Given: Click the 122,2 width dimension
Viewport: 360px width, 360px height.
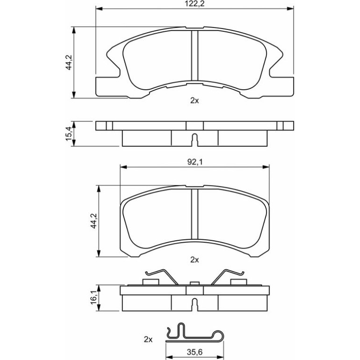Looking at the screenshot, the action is point(194,4).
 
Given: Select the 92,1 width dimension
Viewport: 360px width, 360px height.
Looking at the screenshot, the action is point(194,162).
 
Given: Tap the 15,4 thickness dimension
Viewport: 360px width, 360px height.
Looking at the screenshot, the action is point(69,134).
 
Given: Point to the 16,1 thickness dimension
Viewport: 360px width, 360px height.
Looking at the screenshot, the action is point(94,298).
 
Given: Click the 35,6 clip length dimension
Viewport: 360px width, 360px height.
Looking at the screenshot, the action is point(194,352).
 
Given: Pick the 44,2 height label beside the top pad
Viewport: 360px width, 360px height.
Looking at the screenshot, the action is point(69,63).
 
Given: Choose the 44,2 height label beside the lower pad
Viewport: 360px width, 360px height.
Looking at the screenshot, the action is point(94,221).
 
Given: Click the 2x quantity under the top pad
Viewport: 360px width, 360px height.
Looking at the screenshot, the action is point(194,101).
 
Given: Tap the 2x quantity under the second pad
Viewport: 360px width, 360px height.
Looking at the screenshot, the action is point(194,260).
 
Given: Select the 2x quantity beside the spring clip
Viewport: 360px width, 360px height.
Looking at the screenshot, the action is point(148,339).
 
